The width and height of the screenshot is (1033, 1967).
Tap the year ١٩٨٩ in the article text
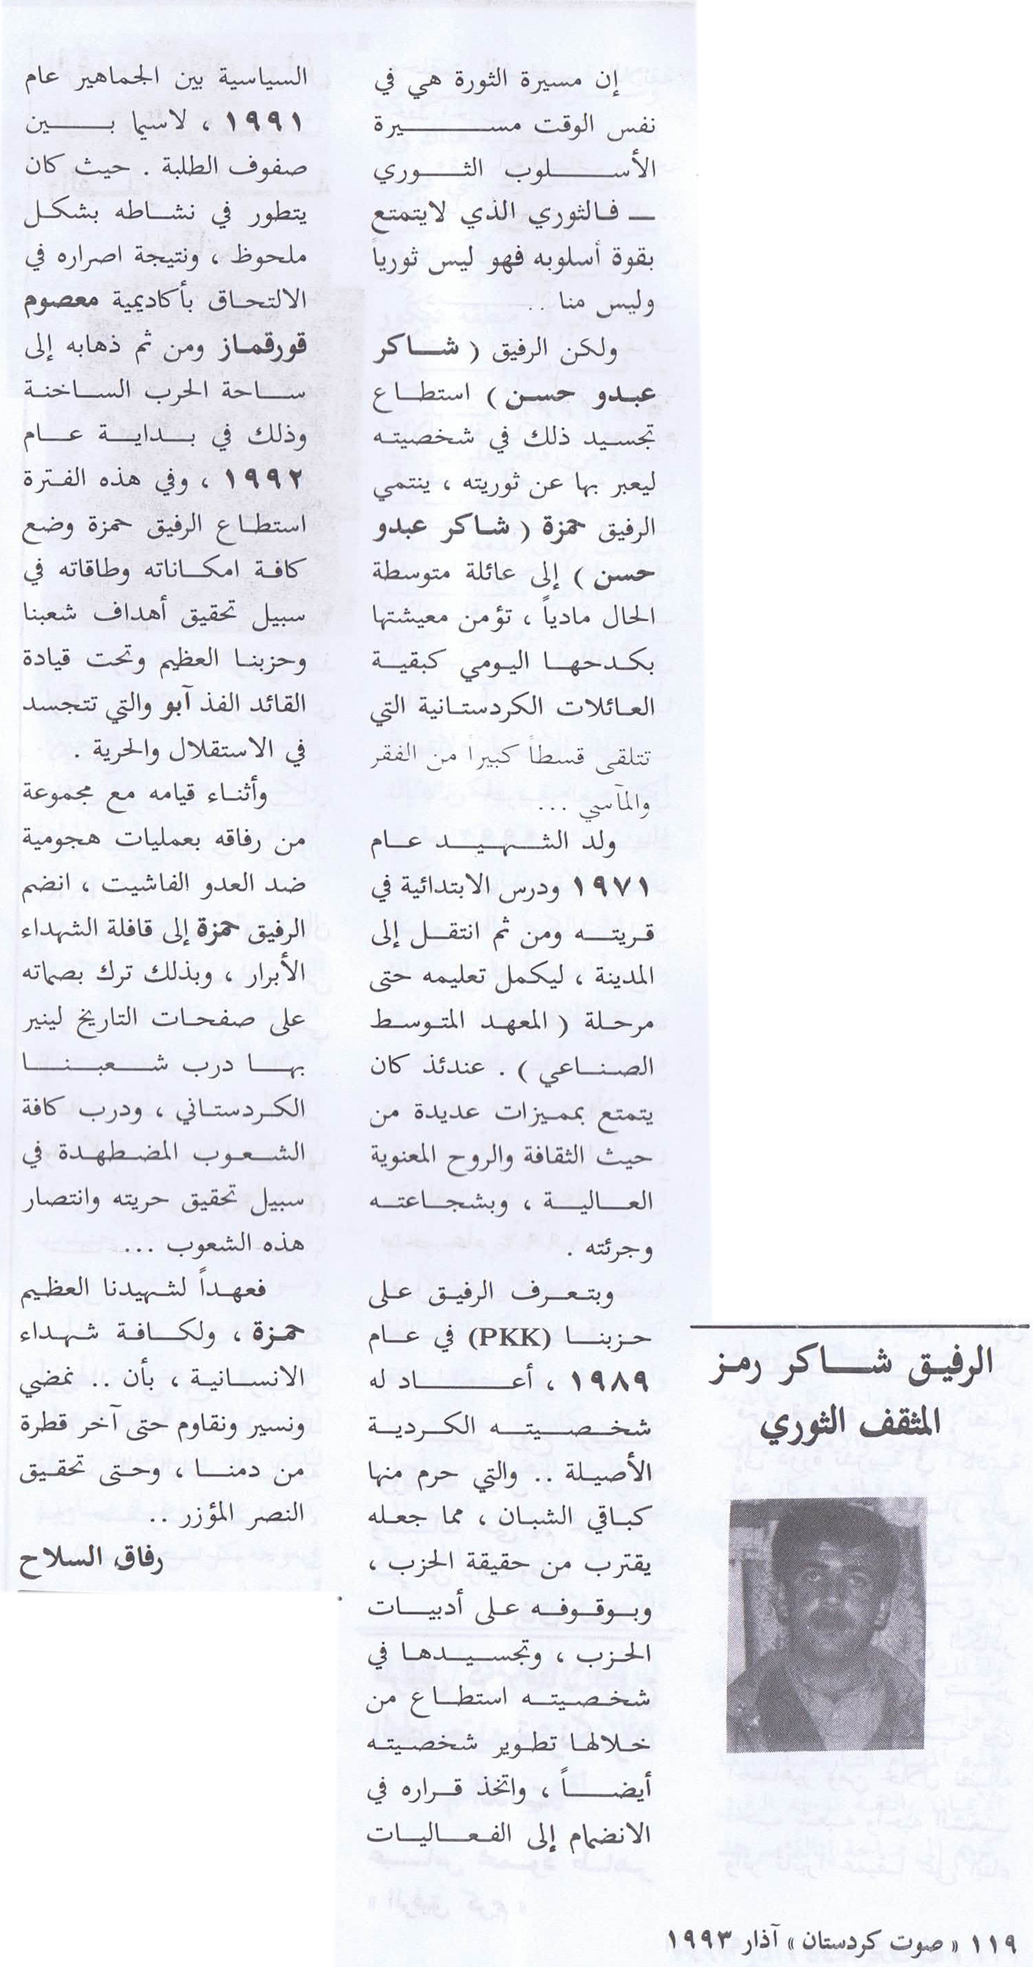(611, 1380)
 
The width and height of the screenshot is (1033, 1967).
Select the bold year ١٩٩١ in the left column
(263, 122)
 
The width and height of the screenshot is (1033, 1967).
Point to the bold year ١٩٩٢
(264, 480)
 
